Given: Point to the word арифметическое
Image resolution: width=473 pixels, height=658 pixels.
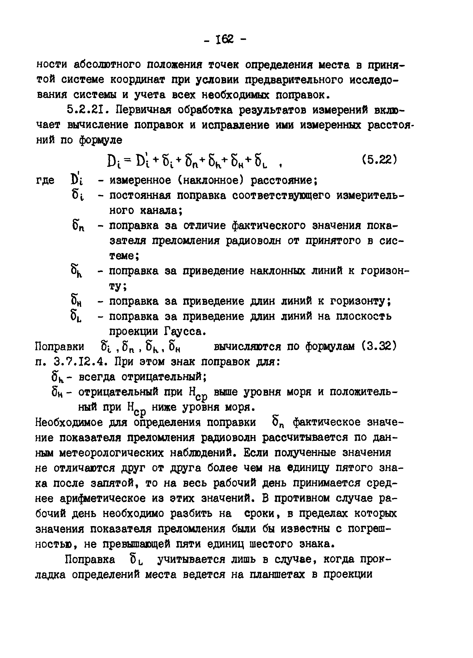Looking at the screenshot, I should (x=105, y=498).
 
